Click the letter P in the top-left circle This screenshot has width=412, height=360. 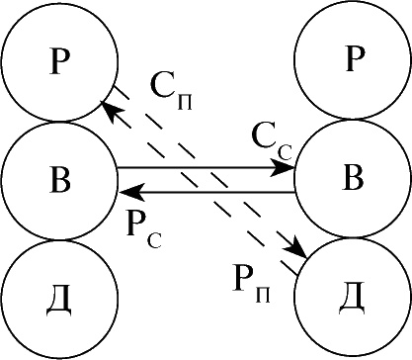point(60,61)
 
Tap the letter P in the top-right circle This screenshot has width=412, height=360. point(356,59)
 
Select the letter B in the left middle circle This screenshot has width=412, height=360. point(60,181)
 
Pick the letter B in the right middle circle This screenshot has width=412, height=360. point(353,178)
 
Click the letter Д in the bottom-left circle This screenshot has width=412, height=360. point(58,302)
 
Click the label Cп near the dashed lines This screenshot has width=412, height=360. point(171,90)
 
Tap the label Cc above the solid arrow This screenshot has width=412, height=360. point(272,142)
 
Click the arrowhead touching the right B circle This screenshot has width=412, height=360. point(283,168)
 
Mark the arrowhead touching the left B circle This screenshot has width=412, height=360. point(130,192)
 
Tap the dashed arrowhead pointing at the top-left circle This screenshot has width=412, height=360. point(110,110)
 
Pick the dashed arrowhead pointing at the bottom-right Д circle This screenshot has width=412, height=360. point(297,248)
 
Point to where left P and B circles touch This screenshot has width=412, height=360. point(60,122)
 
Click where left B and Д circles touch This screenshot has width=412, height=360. point(60,240)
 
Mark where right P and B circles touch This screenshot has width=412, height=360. point(354,119)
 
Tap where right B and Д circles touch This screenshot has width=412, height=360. point(354,237)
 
